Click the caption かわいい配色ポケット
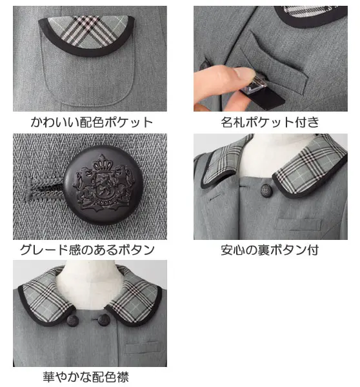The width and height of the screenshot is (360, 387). (92, 122)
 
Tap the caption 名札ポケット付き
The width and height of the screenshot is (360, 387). (270, 122)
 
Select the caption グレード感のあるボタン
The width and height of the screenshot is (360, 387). (87, 250)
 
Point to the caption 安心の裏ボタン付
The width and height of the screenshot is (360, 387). (270, 250)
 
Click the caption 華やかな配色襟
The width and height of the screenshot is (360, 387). (86, 377)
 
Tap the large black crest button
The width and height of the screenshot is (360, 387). (103, 185)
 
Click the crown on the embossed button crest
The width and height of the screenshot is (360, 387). (102, 163)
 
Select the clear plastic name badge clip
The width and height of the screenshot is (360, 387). (256, 84)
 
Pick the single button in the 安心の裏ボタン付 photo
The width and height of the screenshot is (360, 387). (267, 190)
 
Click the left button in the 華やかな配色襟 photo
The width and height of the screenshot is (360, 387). (73, 320)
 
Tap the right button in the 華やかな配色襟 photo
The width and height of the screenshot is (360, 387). (103, 320)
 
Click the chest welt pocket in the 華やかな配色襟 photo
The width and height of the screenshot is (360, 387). (142, 347)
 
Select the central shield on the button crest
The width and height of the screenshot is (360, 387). (101, 184)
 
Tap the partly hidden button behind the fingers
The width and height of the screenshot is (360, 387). (204, 65)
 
